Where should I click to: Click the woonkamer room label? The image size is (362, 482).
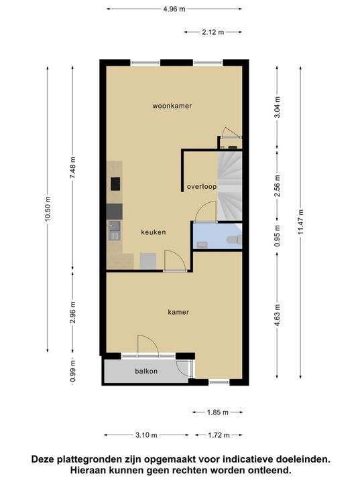pos(172,106)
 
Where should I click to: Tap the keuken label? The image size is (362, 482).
pos(154,232)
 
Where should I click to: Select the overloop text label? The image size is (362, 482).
pos(202,187)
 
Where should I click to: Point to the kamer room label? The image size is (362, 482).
pos(178,313)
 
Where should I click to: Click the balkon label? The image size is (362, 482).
pos(146,372)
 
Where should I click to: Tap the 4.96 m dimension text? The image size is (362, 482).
pos(174,9)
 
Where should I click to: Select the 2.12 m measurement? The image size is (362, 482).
pos(213,32)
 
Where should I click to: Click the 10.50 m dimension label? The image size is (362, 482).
pos(48,209)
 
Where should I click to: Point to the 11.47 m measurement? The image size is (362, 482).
pos(300,222)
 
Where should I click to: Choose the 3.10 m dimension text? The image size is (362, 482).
pos(146,435)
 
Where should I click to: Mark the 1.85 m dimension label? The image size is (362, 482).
pos(218,412)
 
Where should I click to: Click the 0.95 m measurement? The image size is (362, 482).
pos(278,236)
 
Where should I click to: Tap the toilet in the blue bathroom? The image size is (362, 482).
pos(234,239)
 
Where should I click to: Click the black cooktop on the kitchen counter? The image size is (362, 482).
pos(115,184)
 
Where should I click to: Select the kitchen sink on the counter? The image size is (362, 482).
pos(114,230)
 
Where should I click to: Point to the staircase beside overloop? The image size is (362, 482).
pos(230,185)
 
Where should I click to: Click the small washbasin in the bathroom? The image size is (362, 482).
pos(202,244)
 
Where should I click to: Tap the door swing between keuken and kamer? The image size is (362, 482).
pos(175,260)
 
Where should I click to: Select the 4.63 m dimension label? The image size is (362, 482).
pos(278,315)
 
